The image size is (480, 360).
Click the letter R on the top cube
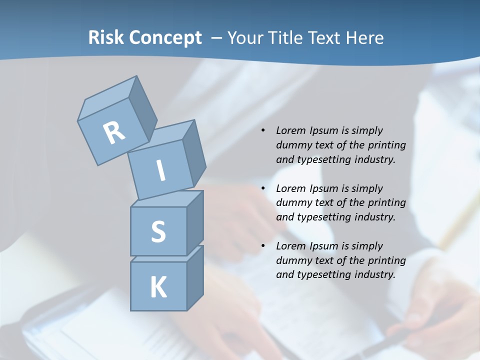[x=114, y=132]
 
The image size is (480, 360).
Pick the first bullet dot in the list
[x=263, y=131]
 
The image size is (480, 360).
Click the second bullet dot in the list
[x=263, y=188]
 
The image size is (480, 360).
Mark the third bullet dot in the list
[x=263, y=246]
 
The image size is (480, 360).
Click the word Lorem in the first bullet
[x=290, y=130]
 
